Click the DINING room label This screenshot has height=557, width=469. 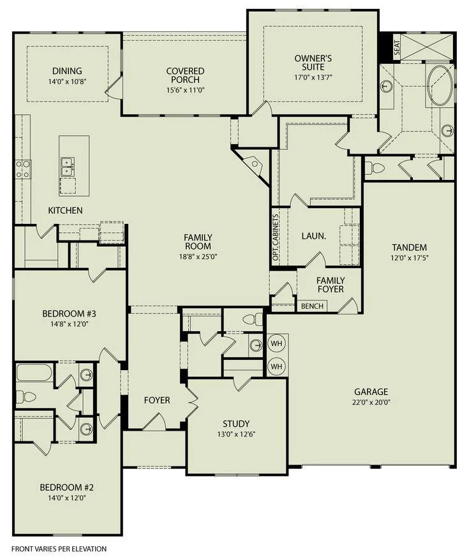click(67, 71)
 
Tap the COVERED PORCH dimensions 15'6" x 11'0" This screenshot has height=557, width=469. click(185, 90)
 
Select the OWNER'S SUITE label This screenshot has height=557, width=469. click(313, 63)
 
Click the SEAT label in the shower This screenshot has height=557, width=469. click(397, 46)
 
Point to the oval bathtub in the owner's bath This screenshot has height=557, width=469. click(440, 85)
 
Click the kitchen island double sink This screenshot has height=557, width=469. click(68, 167)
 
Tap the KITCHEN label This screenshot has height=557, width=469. click(65, 211)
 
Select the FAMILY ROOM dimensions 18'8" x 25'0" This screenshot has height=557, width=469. click(198, 256)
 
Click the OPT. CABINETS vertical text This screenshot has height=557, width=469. click(275, 237)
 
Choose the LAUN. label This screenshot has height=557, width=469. click(314, 236)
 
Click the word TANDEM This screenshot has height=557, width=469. click(409, 248)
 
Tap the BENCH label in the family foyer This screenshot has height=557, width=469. click(312, 306)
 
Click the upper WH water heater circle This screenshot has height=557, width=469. click(276, 343)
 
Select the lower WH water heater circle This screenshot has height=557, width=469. click(276, 366)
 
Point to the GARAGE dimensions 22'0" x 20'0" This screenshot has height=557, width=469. click(371, 403)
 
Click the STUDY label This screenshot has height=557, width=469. click(236, 424)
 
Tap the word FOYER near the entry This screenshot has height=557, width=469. click(157, 400)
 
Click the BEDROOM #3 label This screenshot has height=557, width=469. click(70, 314)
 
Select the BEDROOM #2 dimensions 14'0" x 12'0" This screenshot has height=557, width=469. click(67, 498)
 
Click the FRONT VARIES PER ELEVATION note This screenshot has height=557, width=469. click(59, 549)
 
